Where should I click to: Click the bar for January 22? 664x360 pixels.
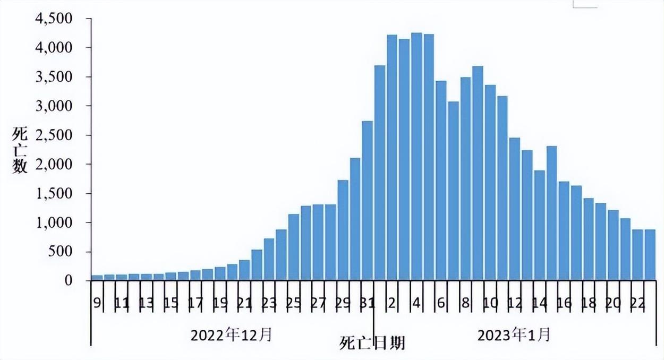(x=638, y=255)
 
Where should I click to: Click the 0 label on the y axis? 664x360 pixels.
(x=68, y=280)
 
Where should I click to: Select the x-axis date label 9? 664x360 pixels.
(x=97, y=303)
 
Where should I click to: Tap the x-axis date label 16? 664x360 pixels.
(x=564, y=303)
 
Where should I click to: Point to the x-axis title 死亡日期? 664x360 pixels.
(x=372, y=344)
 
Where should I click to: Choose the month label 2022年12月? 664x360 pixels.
(x=232, y=335)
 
